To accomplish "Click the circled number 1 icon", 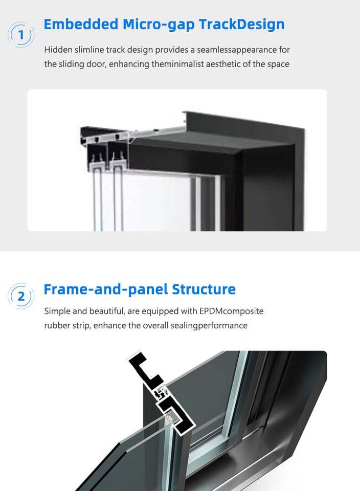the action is coord(20,34).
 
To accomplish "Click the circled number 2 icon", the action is coord(20,296).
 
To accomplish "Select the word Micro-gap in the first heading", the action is coord(159,25).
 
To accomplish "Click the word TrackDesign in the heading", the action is coord(242,25).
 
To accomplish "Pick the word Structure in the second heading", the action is coord(204,289).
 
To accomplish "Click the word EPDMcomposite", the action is coord(231,311).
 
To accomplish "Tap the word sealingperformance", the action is coord(209,326).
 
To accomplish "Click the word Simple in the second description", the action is coord(57,311).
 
